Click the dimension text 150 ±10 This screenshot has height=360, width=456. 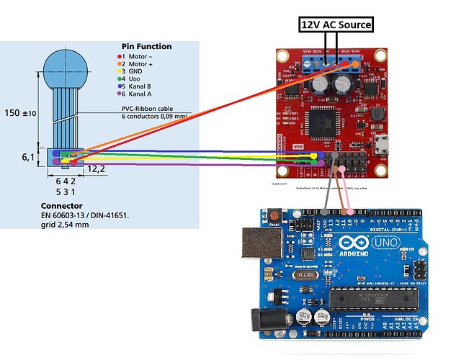19,113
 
